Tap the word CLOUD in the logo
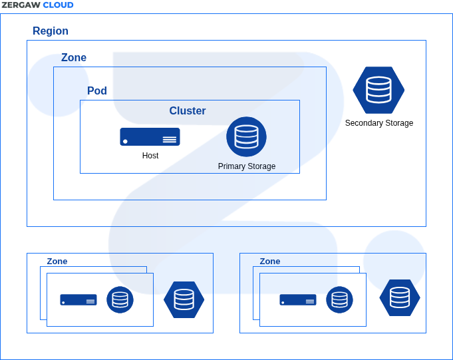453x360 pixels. coord(58,5)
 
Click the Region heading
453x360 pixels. coord(51,31)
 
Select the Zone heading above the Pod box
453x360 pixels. coord(74,58)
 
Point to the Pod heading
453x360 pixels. coord(97,91)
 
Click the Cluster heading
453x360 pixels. coord(188,111)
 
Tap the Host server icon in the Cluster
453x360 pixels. coord(150,137)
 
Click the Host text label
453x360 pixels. coord(150,156)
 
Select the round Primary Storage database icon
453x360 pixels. coord(246,136)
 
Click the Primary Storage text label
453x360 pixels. coord(247,166)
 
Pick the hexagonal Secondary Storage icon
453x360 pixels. coord(378,90)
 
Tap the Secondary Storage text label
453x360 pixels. coord(379,123)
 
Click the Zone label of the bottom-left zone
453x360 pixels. coord(57,262)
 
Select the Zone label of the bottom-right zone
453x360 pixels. coord(270,262)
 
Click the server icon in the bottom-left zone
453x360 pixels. coord(78,299)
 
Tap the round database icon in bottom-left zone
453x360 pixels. coord(120,299)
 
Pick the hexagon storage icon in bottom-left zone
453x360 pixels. coord(184,299)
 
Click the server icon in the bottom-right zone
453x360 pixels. coord(297,299)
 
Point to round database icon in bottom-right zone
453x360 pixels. coord(339,299)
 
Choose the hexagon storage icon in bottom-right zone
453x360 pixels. coord(400,297)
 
